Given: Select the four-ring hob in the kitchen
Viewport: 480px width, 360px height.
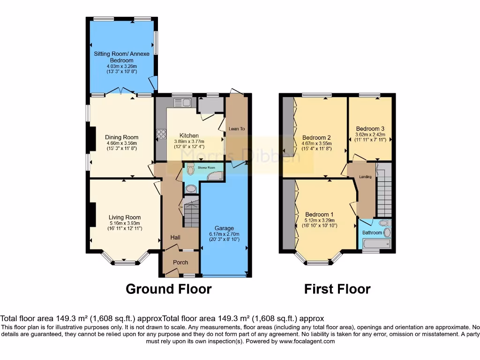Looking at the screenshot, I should click(x=162, y=134).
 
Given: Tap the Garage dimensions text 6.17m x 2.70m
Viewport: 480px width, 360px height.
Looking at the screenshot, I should click(x=224, y=234).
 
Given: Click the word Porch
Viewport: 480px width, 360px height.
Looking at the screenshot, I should click(x=180, y=262).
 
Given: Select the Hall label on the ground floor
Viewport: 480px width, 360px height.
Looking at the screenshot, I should click(x=175, y=238).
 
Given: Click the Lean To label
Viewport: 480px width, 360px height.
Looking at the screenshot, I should click(x=237, y=128).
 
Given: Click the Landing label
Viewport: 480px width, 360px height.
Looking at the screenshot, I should click(x=365, y=177).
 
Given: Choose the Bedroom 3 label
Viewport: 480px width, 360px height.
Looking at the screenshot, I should click(x=370, y=128).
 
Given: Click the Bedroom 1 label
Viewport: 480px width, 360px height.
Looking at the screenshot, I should click(x=318, y=214).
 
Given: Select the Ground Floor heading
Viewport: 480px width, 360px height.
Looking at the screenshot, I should click(x=168, y=289).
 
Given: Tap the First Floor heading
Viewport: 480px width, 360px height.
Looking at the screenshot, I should click(x=337, y=289).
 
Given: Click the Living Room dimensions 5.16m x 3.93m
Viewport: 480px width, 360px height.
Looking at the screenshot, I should click(x=125, y=223).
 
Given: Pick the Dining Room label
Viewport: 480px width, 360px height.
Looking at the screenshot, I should click(x=121, y=137).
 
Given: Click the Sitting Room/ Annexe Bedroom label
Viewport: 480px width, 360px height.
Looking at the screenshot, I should click(x=121, y=57).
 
